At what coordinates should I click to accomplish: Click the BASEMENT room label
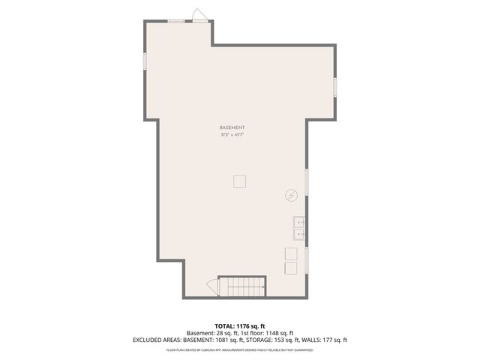[x=232, y=128]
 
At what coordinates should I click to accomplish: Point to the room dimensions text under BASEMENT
[x=232, y=135]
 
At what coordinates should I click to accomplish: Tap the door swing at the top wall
[x=199, y=15]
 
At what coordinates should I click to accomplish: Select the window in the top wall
[x=176, y=21]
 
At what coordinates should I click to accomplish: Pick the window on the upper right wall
[x=335, y=84]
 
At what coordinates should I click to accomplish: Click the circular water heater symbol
[x=291, y=195]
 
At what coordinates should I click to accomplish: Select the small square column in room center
[x=239, y=181]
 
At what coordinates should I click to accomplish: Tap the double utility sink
[x=298, y=228]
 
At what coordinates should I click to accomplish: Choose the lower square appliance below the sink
[x=289, y=268]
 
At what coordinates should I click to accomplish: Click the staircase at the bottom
[x=242, y=286]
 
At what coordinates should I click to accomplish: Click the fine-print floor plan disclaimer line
[x=240, y=349]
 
